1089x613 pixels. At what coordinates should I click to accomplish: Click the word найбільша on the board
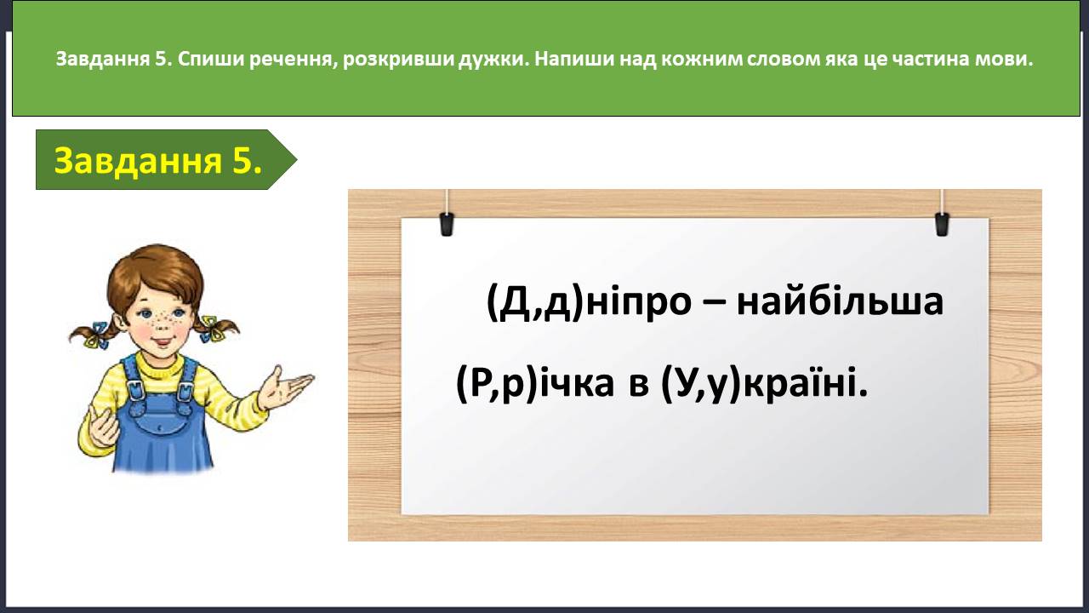pyautogui.click(x=840, y=301)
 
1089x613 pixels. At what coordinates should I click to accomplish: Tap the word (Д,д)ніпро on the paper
pyautogui.click(x=589, y=302)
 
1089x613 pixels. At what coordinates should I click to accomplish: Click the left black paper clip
pyautogui.click(x=447, y=224)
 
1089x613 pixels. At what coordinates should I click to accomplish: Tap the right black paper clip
pyautogui.click(x=942, y=224)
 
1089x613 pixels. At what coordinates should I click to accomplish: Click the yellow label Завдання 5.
pyautogui.click(x=158, y=160)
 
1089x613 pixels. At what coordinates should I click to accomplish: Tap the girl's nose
pyautogui.click(x=161, y=327)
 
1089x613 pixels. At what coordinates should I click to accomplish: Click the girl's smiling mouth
pyautogui.click(x=162, y=341)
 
